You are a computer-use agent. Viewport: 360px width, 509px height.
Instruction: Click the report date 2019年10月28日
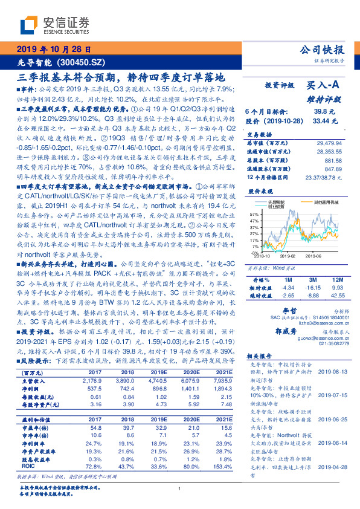[x=53, y=50]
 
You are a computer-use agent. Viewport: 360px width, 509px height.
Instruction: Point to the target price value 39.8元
[x=321, y=111]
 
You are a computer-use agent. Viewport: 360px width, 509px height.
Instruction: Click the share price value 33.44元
[x=321, y=120]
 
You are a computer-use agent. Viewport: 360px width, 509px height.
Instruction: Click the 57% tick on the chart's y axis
[x=254, y=215]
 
